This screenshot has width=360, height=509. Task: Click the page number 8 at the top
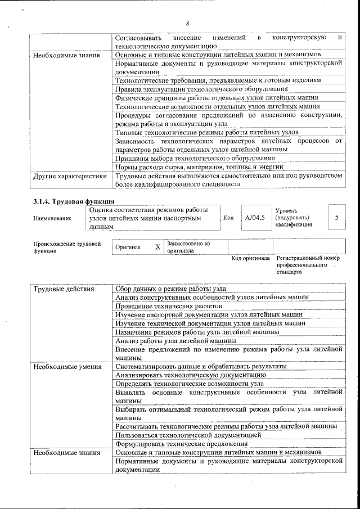pos(187,23)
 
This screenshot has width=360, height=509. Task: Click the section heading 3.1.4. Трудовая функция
pos(74,201)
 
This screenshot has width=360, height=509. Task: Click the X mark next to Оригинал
pos(157,247)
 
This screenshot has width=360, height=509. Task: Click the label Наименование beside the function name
pos(52,218)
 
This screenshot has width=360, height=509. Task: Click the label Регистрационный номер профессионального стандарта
pos(308,265)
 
